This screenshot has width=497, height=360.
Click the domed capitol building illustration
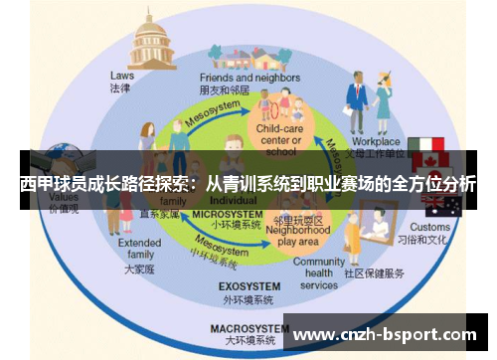tap(153, 39)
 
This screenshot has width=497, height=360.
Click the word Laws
tap(121, 76)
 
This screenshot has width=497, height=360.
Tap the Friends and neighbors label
tap(236, 76)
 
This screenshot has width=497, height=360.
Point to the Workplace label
tap(375, 142)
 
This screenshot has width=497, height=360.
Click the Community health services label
tap(319, 273)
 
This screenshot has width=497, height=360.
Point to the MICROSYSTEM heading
tap(227, 214)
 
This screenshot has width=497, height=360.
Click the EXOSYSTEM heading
tap(248, 287)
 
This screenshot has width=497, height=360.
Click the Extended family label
tap(138, 249)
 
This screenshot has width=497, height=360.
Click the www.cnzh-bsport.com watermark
tap(386, 334)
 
